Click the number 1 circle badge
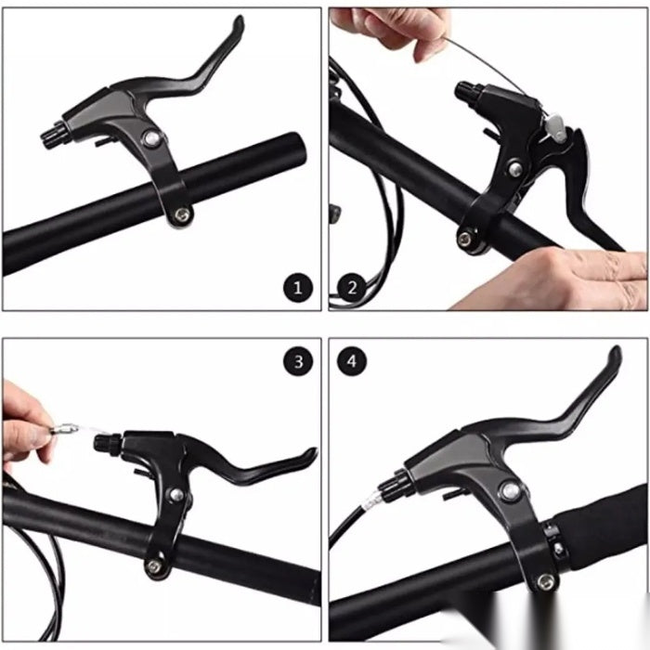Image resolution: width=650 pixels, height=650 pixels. coord(298,287)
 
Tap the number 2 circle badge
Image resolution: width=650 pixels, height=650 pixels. coord(352,287)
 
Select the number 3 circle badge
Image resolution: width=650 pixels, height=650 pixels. coord(298,361)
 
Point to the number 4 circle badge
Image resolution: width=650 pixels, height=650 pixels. coord(352,361)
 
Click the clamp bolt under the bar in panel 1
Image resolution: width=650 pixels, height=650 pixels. coord(182,214)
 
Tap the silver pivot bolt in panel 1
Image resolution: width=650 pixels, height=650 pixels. coord(151,139)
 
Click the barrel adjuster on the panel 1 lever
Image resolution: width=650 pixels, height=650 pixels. coord(54,135)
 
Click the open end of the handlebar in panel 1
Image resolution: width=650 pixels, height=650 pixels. coord(297,148)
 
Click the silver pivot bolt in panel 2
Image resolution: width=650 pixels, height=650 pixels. coord(515,169)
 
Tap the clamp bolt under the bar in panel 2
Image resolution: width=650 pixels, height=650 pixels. coord(464,239)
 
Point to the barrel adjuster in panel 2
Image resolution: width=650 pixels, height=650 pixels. coord(468,93)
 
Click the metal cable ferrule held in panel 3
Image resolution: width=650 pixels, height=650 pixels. coord(64,428)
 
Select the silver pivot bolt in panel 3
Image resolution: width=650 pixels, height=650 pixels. coord(176,494)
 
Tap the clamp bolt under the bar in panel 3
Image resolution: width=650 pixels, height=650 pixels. coord(154,566)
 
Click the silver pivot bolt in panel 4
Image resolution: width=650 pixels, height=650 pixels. coord(511,491)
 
